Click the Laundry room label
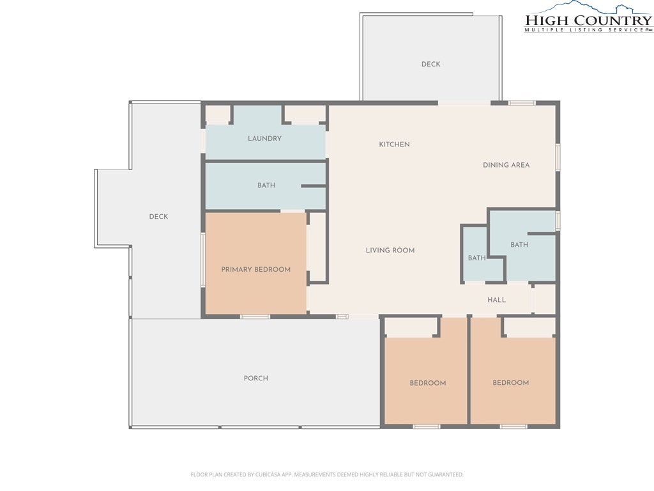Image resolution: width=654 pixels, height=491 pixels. point(264,138)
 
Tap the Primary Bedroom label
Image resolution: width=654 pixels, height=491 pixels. point(255,269)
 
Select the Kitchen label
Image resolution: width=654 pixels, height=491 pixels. point(394,144)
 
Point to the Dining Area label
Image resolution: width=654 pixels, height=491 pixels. point(506,165)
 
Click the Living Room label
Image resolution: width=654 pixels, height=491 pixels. point(390,250)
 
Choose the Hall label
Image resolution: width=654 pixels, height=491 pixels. point(496,300)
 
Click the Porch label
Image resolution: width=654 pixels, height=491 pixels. point(255,378)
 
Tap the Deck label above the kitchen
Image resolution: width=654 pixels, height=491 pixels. point(431,64)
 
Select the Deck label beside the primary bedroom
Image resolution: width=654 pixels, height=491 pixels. point(158,216)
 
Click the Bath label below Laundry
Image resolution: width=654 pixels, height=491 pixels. point(266,185)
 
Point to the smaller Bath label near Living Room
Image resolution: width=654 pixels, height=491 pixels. point(476,258)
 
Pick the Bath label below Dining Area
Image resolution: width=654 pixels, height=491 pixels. point(519,245)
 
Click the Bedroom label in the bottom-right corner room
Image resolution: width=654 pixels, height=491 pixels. point(510,382)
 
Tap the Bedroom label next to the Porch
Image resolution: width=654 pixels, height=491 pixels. point(427,383)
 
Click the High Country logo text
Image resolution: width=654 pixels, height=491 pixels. point(588,20)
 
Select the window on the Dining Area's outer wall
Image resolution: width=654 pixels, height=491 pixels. point(558,157)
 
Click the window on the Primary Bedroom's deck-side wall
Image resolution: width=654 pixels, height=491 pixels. point(203,260)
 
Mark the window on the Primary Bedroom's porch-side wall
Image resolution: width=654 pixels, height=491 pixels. point(255,316)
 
